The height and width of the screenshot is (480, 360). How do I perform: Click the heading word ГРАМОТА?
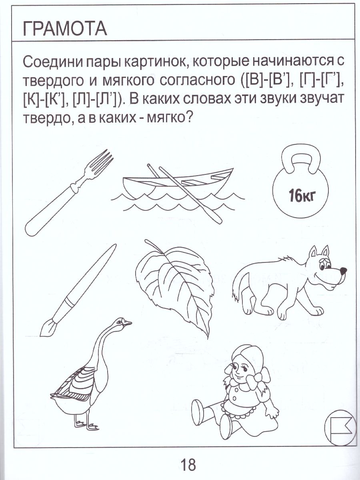[65, 29]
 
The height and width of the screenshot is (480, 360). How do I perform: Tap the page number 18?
[188, 465]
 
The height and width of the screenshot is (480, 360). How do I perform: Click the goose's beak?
[128, 323]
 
